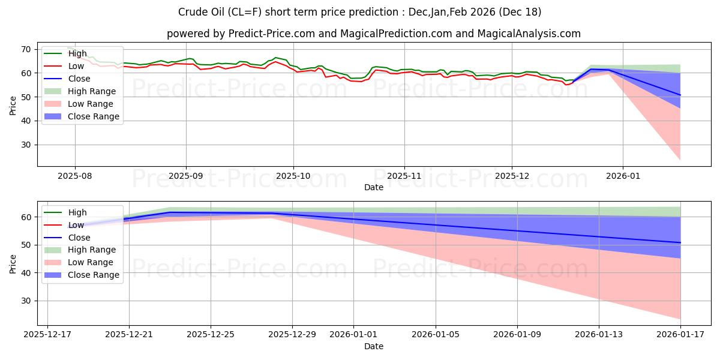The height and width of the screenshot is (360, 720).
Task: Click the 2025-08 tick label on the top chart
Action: click(75, 176)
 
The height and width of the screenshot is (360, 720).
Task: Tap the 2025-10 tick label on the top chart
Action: click(293, 176)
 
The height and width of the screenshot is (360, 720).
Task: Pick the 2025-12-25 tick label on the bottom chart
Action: click(211, 335)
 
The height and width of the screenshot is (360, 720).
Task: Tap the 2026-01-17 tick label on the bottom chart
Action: click(680, 335)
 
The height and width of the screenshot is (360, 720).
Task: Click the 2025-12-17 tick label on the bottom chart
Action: click(47, 335)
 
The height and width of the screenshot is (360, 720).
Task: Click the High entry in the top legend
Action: click(77, 53)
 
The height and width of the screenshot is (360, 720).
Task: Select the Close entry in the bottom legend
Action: click(79, 237)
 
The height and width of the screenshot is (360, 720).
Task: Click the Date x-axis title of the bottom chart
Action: click(373, 346)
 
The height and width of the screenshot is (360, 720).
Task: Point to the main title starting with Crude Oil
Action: click(360, 12)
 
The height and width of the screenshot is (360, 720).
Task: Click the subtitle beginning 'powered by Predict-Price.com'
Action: click(373, 34)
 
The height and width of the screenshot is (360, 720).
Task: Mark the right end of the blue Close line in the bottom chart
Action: click(680, 242)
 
